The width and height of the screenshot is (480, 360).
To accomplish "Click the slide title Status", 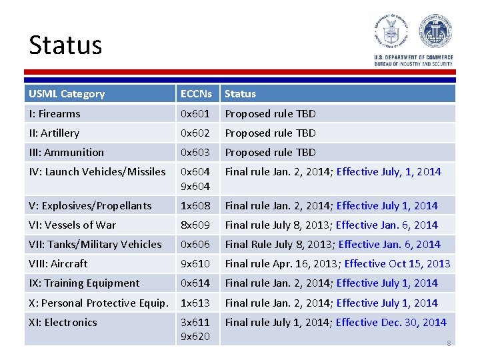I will click(x=65, y=45).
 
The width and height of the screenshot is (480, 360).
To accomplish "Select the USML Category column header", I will click(x=67, y=94).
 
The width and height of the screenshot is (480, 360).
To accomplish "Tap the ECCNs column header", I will click(x=196, y=94).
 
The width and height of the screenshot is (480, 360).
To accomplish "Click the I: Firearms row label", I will click(x=55, y=114).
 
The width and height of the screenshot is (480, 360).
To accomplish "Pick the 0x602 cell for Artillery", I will click(x=195, y=133).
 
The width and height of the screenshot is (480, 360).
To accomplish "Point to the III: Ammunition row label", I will click(x=67, y=153).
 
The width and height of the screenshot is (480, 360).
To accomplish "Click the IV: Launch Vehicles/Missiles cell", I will click(x=97, y=172).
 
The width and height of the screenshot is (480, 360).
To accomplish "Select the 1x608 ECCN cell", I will click(x=195, y=206).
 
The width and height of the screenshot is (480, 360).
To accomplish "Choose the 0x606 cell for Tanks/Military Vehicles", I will click(x=195, y=245).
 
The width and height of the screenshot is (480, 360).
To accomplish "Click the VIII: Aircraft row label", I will click(x=59, y=264).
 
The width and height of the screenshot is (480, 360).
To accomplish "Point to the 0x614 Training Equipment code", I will click(x=195, y=283).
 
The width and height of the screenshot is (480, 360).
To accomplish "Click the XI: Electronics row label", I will click(x=63, y=323).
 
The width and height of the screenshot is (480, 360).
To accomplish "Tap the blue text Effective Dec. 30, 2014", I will click(x=391, y=323).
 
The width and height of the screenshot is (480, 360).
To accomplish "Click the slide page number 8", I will click(x=449, y=343).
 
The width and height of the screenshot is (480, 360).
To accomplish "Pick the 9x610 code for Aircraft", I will click(x=195, y=264).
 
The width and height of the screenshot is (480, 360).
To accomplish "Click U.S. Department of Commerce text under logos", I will click(x=413, y=57).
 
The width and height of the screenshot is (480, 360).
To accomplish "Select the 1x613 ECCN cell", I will click(x=195, y=303).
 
